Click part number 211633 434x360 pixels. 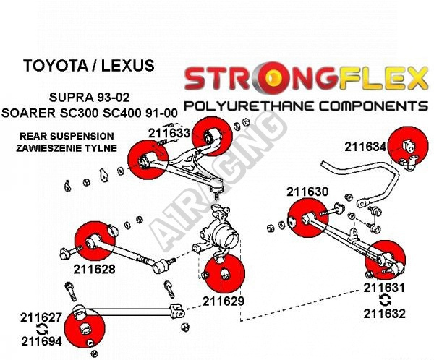(x=169, y=133)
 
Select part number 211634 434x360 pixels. (x=365, y=147)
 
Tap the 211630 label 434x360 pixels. (x=307, y=192)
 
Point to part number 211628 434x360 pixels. (x=94, y=269)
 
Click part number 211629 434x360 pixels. (x=224, y=301)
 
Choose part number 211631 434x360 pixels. (x=384, y=288)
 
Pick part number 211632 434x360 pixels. (x=384, y=314)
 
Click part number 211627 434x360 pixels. (x=41, y=317)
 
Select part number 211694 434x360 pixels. (x=41, y=341)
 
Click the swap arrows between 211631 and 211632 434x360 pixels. (x=384, y=301)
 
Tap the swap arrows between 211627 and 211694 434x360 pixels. (x=42, y=330)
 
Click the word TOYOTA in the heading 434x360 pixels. (x=55, y=66)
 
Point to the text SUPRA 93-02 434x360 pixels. (x=89, y=97)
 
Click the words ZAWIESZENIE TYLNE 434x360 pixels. (x=66, y=148)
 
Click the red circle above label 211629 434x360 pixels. (x=224, y=274)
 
